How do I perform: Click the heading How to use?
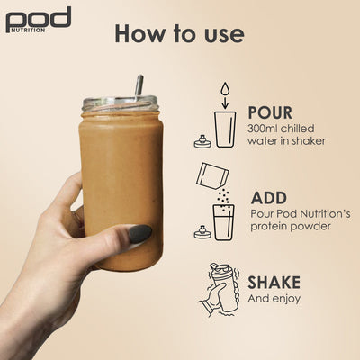[179, 34]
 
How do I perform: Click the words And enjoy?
[274, 298]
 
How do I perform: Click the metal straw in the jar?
[139, 87]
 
